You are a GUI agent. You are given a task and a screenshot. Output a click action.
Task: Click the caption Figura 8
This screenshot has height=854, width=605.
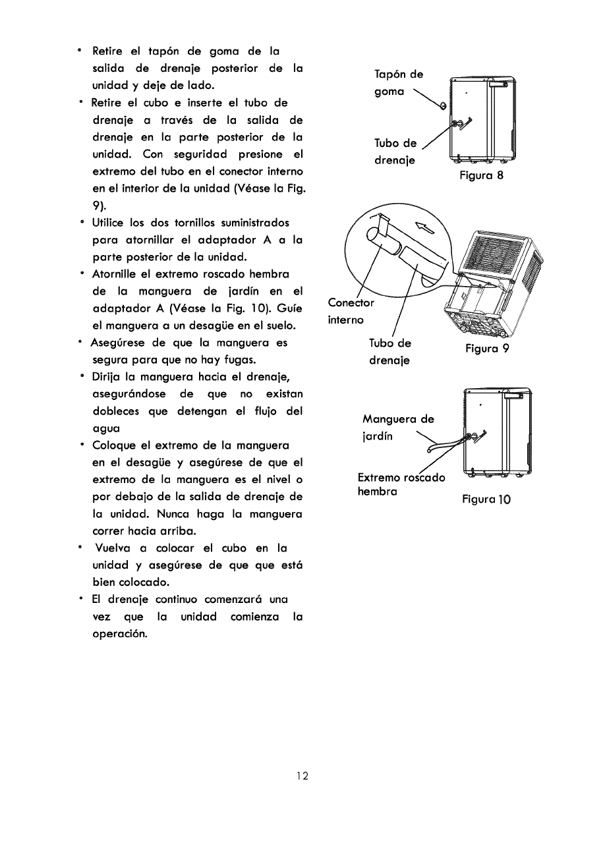[482, 176]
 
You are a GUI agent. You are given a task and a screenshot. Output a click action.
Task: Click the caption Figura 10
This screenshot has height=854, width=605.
[486, 499]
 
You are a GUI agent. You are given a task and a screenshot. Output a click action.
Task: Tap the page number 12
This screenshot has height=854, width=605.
[302, 776]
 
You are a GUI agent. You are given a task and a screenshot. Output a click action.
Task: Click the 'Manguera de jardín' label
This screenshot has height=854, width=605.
[398, 427]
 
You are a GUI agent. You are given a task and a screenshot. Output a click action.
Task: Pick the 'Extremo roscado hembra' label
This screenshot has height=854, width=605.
[401, 484]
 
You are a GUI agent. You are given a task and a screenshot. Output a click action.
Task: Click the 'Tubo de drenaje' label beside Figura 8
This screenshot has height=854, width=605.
[395, 152]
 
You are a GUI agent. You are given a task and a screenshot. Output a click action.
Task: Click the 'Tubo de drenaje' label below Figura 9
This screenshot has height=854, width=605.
[389, 352]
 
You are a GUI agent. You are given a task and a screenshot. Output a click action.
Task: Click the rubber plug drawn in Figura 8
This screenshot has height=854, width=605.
[442, 106]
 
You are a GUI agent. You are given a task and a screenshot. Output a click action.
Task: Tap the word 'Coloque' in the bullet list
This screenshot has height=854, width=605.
[112, 445]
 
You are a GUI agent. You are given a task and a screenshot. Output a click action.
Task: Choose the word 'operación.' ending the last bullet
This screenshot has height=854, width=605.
[119, 634]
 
